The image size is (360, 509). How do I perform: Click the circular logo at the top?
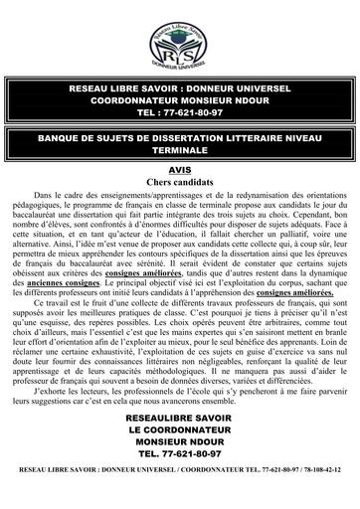point(180,41)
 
